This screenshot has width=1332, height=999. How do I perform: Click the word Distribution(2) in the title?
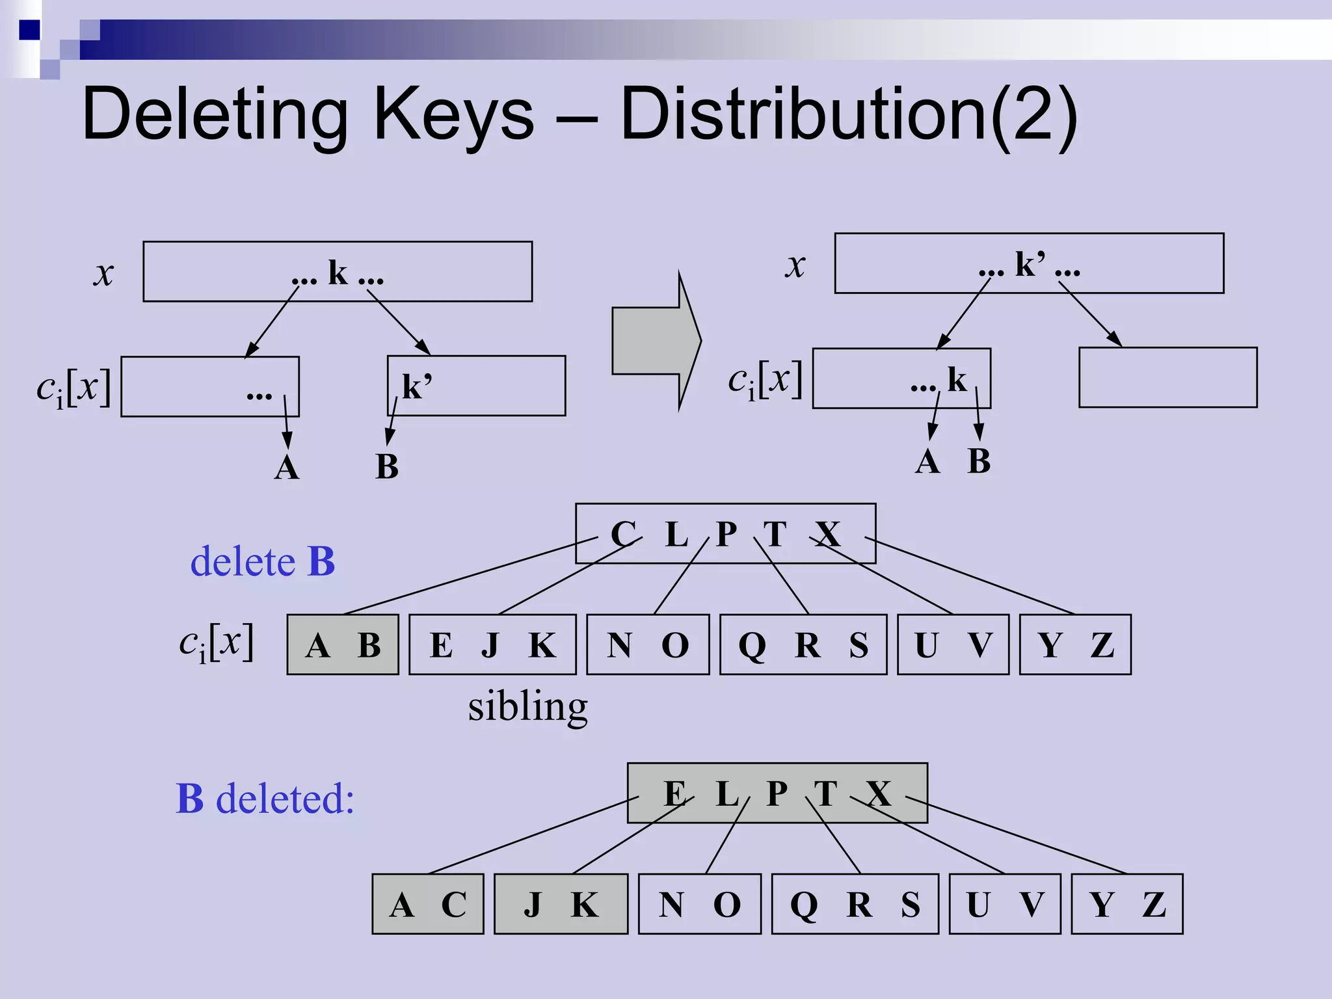pos(849,116)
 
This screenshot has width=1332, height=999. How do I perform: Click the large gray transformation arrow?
pos(654,341)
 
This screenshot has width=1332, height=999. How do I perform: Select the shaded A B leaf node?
pos(343,645)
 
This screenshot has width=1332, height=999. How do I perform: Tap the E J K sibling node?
pos(492,645)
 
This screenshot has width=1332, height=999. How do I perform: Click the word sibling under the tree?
pos(527,706)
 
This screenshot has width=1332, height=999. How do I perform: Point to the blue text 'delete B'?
pos(262,561)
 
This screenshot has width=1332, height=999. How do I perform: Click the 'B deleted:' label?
pos(265,798)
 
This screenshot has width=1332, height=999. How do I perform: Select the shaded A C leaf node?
pos(427,904)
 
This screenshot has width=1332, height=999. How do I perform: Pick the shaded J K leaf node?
pos(561,904)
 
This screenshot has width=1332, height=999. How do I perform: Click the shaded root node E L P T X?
pos(777,793)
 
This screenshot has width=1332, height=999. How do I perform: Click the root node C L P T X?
pos(725,533)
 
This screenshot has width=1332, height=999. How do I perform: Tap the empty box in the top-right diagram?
pos(1167,377)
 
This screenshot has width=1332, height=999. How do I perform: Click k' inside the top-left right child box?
pos(416,386)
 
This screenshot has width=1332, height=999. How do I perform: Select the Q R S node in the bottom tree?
pos(855,904)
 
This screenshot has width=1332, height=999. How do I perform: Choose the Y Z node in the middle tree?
pos(1075,645)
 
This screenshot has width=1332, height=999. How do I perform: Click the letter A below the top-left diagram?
pos(287,468)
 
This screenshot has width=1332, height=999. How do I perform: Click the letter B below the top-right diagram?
pos(979,461)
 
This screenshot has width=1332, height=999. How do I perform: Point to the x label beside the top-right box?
pos(795,265)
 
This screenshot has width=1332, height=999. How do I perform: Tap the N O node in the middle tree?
pos(648,645)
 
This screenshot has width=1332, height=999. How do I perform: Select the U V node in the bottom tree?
pos(1005,904)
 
